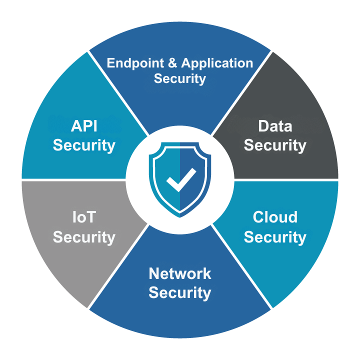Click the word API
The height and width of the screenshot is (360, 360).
tap(84, 126)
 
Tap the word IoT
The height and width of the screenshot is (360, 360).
tap(84, 217)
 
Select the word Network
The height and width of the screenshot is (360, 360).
tap(180, 273)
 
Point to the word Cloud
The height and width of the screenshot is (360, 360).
tap(275, 217)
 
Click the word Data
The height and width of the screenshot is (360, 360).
tap(275, 126)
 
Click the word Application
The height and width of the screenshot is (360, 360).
tap(217, 64)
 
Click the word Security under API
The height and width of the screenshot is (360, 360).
tap(84, 145)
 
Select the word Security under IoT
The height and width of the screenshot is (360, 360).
tap(84, 237)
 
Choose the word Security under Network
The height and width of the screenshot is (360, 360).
tap(180, 293)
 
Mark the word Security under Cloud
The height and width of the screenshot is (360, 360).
tap(275, 237)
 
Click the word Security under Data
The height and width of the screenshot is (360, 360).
tap(275, 145)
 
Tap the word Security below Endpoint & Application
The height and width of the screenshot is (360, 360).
tap(180, 79)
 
